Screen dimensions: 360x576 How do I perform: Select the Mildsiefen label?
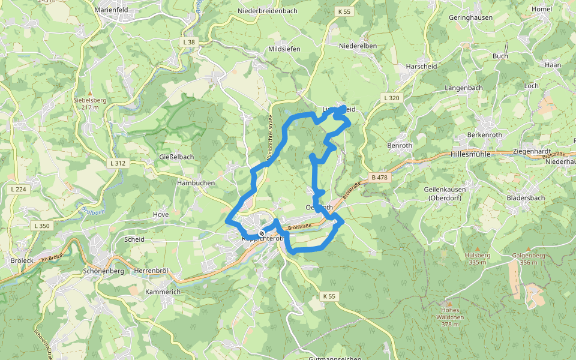click(x=284, y=49)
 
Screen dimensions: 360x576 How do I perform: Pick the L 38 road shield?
click(x=188, y=41)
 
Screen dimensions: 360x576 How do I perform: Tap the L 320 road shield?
click(x=390, y=98)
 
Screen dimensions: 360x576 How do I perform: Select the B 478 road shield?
click(x=380, y=177)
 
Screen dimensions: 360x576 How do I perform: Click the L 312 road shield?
click(x=118, y=163)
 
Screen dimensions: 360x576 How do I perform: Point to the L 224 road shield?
click(x=19, y=189)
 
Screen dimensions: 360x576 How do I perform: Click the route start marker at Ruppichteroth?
click(x=262, y=233)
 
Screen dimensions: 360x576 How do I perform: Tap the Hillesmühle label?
click(x=470, y=154)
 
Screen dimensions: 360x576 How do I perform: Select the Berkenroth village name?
click(x=484, y=135)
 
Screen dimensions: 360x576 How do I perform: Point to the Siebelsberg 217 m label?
click(x=89, y=103)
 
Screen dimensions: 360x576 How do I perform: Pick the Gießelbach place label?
click(x=176, y=157)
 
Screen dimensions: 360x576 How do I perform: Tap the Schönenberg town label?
click(x=104, y=271)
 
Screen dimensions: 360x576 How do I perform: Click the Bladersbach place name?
click(x=526, y=197)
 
